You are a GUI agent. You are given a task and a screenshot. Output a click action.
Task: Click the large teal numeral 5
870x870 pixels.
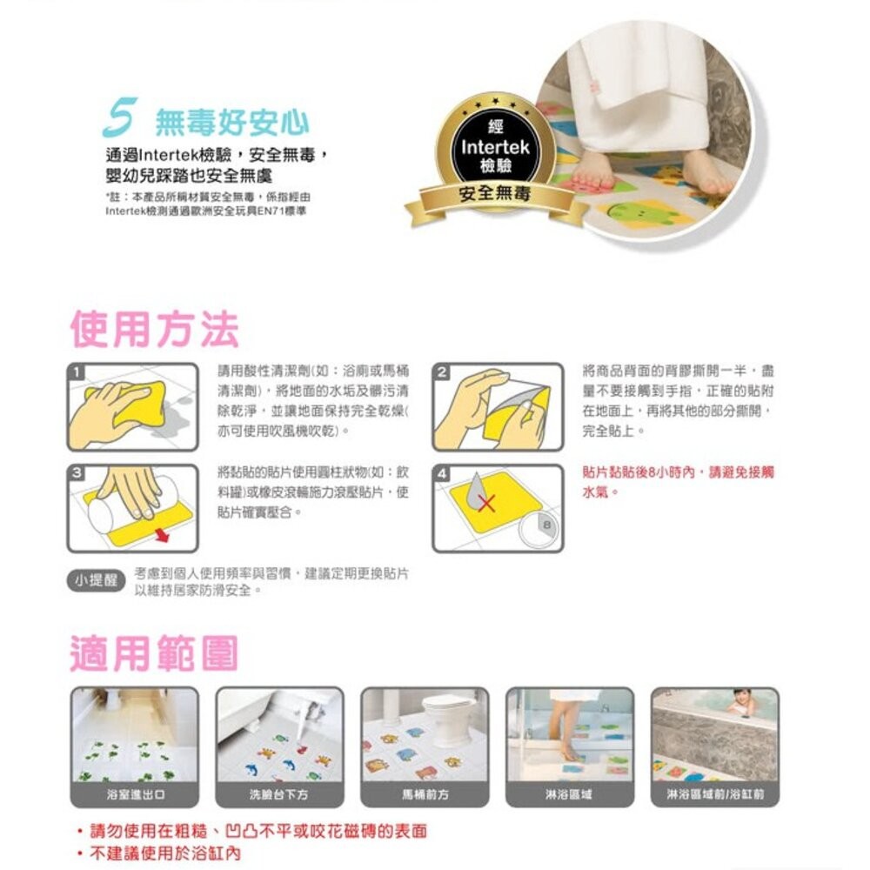117,121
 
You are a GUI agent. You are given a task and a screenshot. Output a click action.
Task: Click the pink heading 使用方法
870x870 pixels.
154,328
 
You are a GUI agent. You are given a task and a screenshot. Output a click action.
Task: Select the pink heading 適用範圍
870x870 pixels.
154,653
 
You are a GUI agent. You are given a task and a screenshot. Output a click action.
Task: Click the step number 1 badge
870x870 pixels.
78,372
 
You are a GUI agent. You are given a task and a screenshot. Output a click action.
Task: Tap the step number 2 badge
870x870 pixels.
443,372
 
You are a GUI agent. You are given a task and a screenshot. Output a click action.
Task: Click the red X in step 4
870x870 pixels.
489,503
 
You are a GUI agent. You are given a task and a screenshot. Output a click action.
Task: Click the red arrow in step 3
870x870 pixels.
160,532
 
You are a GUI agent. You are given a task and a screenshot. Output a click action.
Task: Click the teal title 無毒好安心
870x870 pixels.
231,123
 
